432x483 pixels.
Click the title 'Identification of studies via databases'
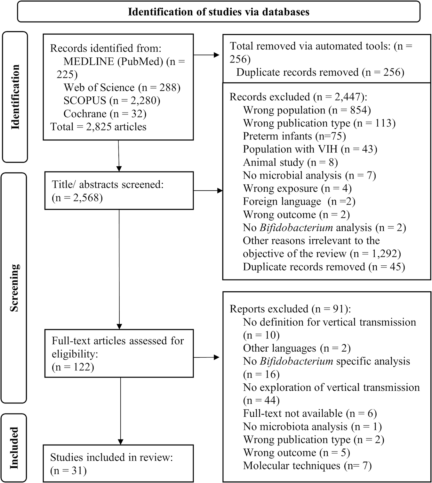click(x=219, y=12)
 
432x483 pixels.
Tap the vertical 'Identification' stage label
click(x=15, y=97)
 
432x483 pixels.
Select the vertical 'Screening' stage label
click(x=14, y=287)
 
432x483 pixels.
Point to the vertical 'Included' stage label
click(x=14, y=448)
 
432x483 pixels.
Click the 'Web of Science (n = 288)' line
click(x=122, y=87)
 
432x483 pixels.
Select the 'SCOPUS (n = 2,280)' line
click(x=112, y=101)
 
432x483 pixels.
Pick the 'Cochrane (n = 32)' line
click(x=105, y=114)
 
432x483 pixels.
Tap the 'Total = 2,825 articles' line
click(x=98, y=127)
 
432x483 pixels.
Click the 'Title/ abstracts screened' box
click(x=119, y=191)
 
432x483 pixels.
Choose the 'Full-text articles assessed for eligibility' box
click(x=119, y=353)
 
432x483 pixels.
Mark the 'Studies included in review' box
click(x=118, y=463)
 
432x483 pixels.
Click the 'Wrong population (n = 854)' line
click(x=307, y=110)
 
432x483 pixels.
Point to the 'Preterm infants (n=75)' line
click(x=294, y=136)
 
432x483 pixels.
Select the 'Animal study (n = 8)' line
click(x=290, y=162)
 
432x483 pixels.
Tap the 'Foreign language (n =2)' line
click(x=299, y=202)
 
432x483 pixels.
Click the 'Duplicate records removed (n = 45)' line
click(x=324, y=267)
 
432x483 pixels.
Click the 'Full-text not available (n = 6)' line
click(x=310, y=413)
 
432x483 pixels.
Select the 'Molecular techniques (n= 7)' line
click(x=307, y=466)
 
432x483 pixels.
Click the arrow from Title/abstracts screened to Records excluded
click(x=208, y=191)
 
